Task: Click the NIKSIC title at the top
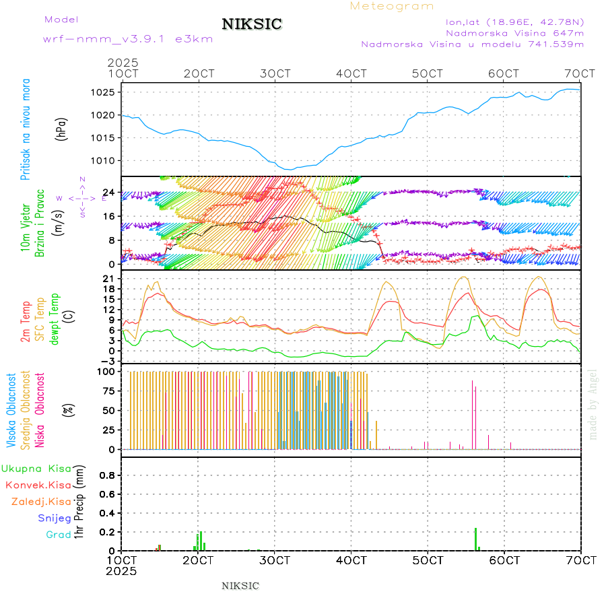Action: tap(252, 25)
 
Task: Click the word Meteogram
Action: tap(392, 6)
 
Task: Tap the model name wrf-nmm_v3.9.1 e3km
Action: tap(128, 39)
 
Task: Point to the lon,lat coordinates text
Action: tap(515, 22)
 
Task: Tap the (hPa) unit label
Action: tap(63, 129)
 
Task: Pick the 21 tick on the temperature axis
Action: tap(110, 278)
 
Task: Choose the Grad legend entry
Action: tap(59, 535)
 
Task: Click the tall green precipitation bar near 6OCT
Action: tap(475, 539)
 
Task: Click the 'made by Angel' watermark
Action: tap(593, 404)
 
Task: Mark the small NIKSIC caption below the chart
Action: tap(240, 586)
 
